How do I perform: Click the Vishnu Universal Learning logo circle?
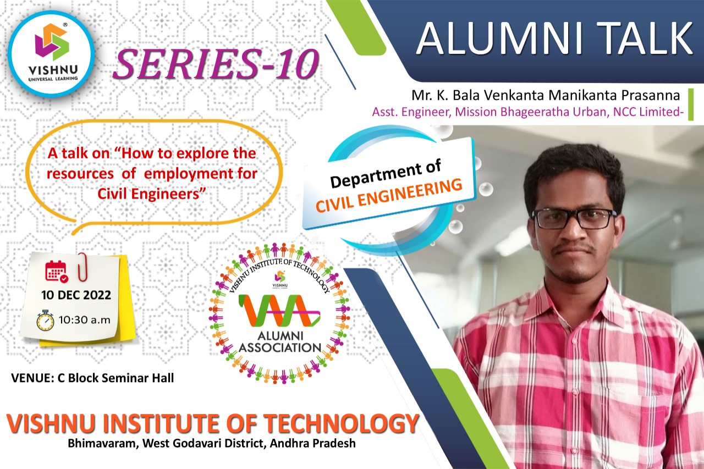[51, 53]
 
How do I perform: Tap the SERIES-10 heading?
[216, 65]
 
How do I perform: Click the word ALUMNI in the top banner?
[500, 39]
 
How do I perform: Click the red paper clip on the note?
[82, 267]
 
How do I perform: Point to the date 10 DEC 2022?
[76, 295]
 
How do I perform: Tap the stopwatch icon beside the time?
[46, 321]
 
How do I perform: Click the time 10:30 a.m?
[85, 320]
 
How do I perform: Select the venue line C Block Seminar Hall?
[92, 378]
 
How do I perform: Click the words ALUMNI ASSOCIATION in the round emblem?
[280, 342]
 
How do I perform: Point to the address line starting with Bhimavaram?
[212, 443]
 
